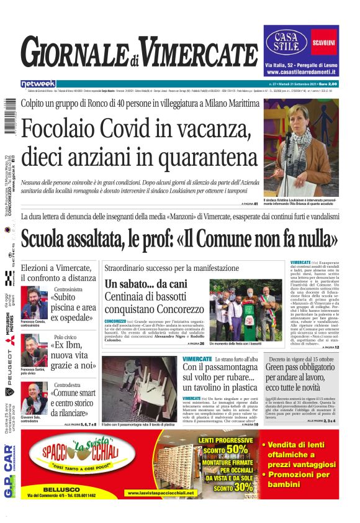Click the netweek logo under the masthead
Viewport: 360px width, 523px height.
pos(38,84)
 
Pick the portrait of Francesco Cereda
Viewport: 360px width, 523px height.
pos(34,302)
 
